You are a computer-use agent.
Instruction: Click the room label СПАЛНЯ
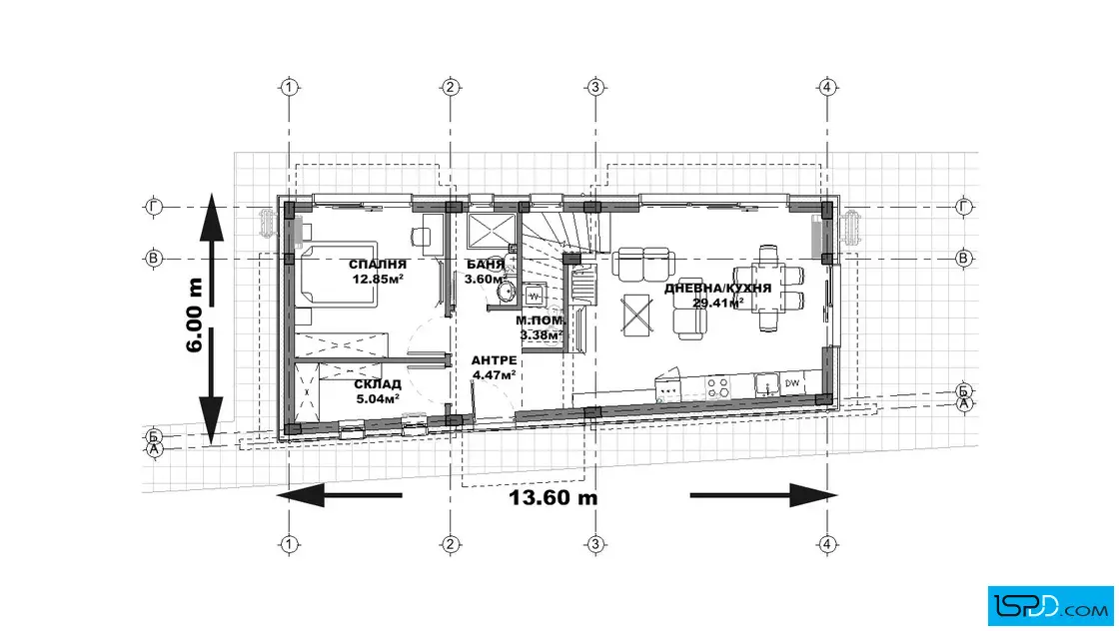pos(377,265)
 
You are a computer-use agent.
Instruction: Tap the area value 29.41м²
pos(717,303)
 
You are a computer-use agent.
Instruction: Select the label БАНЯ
pos(486,265)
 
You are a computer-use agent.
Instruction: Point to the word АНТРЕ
pos(494,360)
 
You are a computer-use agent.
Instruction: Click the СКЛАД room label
pos(378,385)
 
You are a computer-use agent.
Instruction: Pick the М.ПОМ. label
pos(541,320)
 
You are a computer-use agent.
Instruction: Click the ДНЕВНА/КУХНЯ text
pos(717,289)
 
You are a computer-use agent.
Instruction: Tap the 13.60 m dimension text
pos(554,497)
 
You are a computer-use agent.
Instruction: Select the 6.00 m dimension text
pos(195,315)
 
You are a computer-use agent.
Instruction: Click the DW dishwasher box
pos(791,382)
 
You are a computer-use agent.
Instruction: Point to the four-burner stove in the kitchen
pos(718,387)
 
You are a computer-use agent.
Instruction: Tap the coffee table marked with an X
pos(636,315)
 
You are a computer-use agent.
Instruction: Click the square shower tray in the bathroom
pos(491,231)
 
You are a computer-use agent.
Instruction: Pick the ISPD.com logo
pos(1050,605)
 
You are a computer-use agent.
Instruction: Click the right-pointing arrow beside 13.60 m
pos(763,495)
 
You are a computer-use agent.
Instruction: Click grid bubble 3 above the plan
pos(595,87)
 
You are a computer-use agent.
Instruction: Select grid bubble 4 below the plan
pos(826,545)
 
